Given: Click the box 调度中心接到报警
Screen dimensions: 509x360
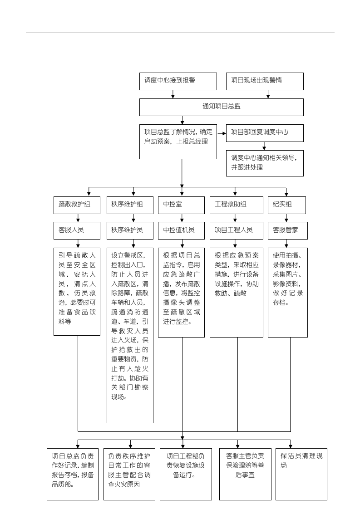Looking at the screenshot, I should tap(173, 81).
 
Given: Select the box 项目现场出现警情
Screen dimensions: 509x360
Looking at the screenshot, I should tap(265, 81).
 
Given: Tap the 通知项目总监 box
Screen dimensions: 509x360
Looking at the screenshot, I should tap(221, 107).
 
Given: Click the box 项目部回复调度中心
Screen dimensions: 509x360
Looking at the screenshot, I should tap(265, 132).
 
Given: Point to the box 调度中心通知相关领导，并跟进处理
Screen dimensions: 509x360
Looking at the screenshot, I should tap(265, 163).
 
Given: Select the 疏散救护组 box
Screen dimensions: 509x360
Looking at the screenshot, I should tap(77, 205).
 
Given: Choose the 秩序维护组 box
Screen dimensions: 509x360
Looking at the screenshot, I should tap(131, 205).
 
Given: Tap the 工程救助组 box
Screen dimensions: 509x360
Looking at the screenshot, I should tap(236, 205).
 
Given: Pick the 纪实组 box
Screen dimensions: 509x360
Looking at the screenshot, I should tap(286, 205).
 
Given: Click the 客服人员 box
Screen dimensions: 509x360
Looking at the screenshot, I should tap(77, 230).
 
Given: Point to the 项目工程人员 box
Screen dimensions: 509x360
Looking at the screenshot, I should tap(236, 230).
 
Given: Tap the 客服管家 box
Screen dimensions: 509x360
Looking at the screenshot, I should tap(286, 230).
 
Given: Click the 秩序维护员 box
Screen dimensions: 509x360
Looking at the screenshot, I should tap(131, 230).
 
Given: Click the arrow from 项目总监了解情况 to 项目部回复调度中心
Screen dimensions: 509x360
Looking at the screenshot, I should tap(222, 133).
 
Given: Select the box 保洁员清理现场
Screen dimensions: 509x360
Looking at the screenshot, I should tap(301, 474).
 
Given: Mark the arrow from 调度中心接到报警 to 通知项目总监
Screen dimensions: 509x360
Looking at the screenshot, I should tap(173, 94).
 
